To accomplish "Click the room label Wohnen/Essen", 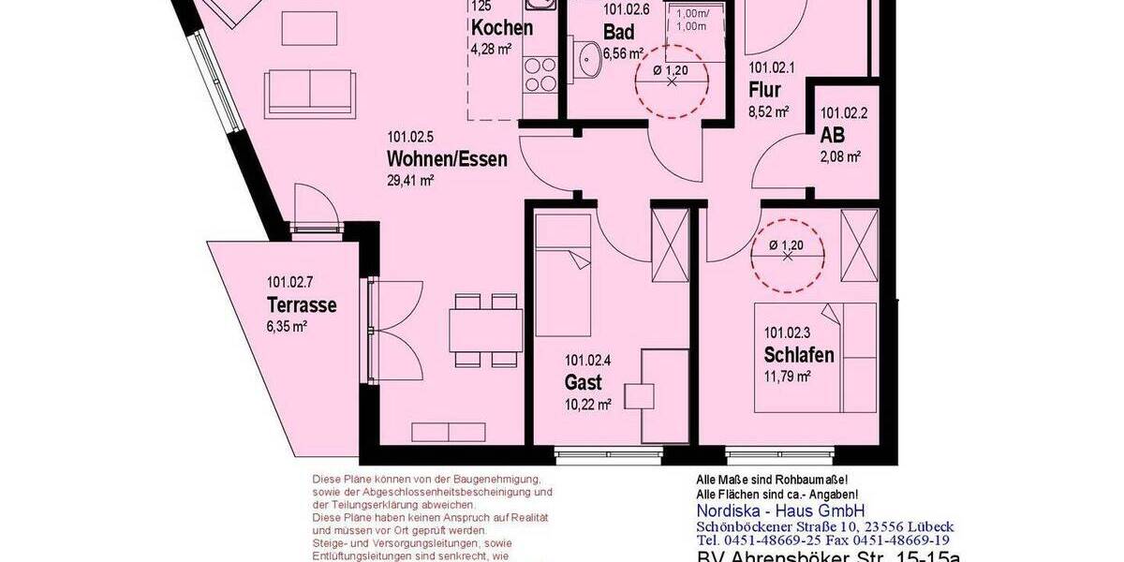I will point(447,159).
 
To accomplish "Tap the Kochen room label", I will point(502,28).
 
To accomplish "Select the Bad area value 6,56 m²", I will point(624,53).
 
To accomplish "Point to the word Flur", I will point(765,90).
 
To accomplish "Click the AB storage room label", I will point(833,136).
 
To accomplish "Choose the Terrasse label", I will point(302,305).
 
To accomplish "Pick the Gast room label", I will point(583,382).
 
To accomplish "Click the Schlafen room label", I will point(799,355).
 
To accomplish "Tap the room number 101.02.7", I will point(291,282).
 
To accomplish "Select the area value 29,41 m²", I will point(410,181).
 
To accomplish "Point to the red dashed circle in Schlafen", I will point(787,252).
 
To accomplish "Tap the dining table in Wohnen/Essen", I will point(484,329).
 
